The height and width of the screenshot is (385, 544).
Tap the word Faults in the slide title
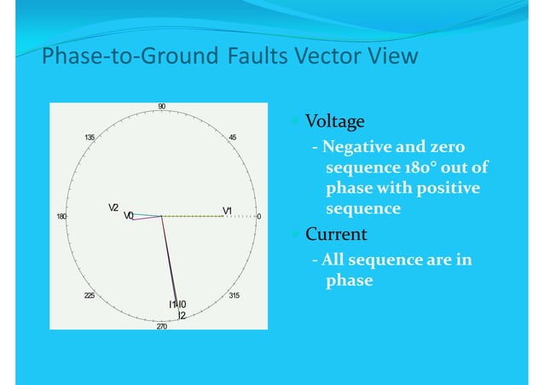click(x=263, y=57)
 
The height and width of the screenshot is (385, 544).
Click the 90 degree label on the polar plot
click(x=161, y=107)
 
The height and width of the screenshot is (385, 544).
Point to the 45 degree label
click(x=233, y=137)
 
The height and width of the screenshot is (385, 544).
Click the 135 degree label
click(x=89, y=137)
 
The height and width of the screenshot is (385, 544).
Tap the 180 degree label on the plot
click(x=61, y=217)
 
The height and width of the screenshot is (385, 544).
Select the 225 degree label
click(x=90, y=295)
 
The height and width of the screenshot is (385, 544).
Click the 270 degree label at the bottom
click(x=161, y=327)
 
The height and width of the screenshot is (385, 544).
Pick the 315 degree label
click(x=234, y=295)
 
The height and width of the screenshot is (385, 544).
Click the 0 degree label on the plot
click(x=259, y=217)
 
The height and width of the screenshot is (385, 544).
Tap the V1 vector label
click(x=228, y=210)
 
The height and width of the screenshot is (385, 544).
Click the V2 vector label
click(x=113, y=207)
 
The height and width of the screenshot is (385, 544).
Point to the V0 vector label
click(x=128, y=216)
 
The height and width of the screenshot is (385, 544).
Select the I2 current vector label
click(x=182, y=315)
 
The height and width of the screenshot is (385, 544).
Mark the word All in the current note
click(x=338, y=261)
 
